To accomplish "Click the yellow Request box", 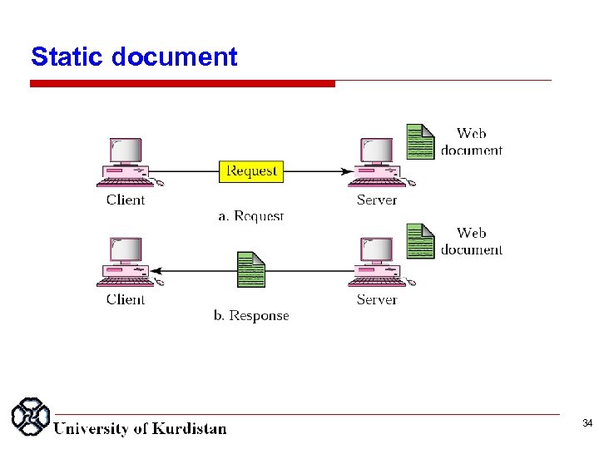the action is click(x=251, y=171).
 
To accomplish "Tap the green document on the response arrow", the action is click(x=251, y=269).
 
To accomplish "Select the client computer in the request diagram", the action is click(x=126, y=162).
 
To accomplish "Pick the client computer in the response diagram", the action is click(x=126, y=262).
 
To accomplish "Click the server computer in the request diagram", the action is click(x=377, y=162).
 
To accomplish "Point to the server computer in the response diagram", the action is click(x=377, y=262).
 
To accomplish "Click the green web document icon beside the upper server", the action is click(x=420, y=141).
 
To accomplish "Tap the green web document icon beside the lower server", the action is click(x=420, y=240).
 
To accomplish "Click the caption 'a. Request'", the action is click(x=251, y=216).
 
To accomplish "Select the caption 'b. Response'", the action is click(x=251, y=316).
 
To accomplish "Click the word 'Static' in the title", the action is click(x=67, y=57).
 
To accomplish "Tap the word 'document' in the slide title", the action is click(x=174, y=57).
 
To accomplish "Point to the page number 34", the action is click(x=587, y=424).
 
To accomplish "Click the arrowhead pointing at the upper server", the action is click(x=346, y=172).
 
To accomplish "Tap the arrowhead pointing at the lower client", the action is click(x=156, y=271).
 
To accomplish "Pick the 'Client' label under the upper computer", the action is click(x=126, y=200).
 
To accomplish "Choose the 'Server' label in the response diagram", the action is click(x=377, y=299).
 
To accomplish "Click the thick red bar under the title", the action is click(x=182, y=83).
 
